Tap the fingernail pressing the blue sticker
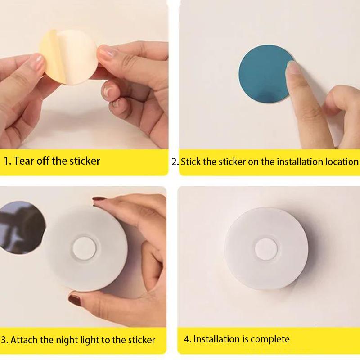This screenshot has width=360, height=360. (293, 67)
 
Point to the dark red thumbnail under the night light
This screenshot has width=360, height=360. (74, 297)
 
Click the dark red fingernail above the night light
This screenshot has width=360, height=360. (98, 198)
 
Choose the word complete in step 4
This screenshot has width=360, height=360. (270, 339)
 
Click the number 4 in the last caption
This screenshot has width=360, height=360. (187, 339)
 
